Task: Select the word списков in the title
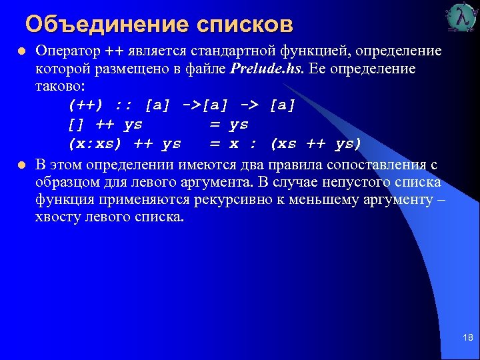pos(245,25)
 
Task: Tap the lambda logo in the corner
pos(461,18)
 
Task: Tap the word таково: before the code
pos(59,86)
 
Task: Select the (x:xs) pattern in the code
pos(95,143)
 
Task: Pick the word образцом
pos(64,181)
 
